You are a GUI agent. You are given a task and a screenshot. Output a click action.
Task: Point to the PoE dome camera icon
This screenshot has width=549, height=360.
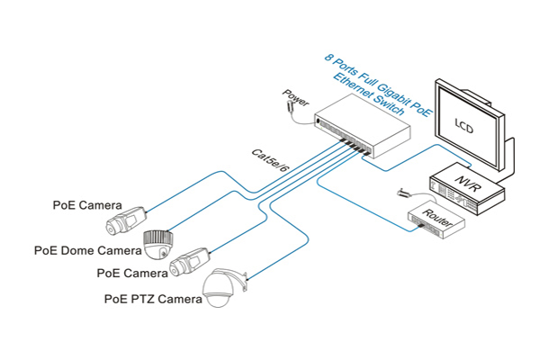pyautogui.click(x=158, y=241)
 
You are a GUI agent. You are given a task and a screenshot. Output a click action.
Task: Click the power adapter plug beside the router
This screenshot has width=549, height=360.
pyautogui.click(x=402, y=193)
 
